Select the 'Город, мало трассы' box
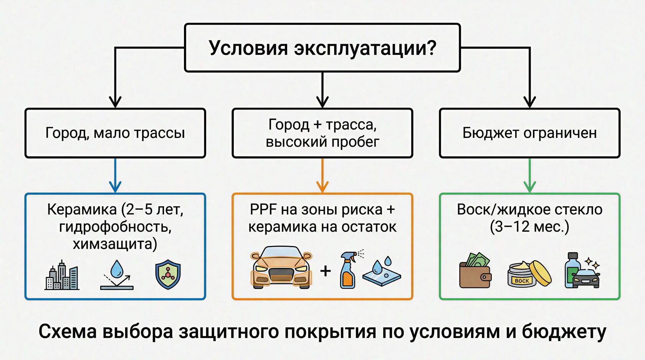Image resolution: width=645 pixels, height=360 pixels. pyautogui.click(x=115, y=133)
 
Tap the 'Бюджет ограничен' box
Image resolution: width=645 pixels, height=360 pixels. pyautogui.click(x=529, y=133)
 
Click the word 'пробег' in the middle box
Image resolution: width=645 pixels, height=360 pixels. pyautogui.click(x=355, y=142)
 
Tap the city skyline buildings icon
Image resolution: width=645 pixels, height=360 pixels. pyautogui.click(x=62, y=275)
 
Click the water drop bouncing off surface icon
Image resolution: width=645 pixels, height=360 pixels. pyautogui.click(x=117, y=275)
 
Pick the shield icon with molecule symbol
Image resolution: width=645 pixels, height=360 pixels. pyautogui.click(x=168, y=275)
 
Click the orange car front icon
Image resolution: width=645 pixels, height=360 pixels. pyautogui.click(x=281, y=268)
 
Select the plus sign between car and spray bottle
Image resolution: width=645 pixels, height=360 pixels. pyautogui.click(x=326, y=271)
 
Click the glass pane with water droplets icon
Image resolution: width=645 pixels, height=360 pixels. pyautogui.click(x=382, y=272)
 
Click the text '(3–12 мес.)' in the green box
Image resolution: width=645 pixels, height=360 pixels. pyautogui.click(x=529, y=227)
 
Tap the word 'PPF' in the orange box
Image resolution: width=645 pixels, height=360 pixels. pyautogui.click(x=263, y=210)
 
